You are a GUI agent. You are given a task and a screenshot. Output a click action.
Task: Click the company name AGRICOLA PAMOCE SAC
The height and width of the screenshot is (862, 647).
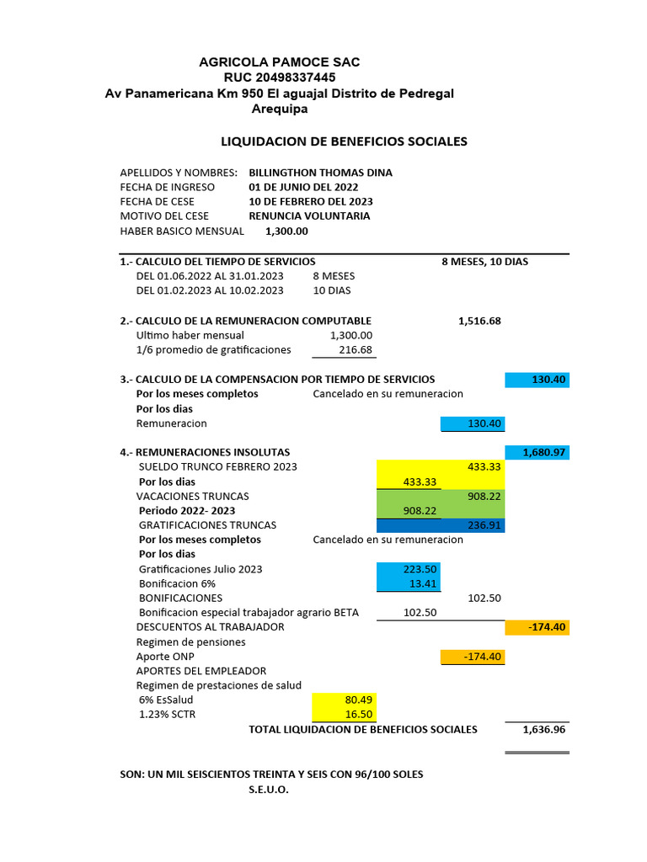279,62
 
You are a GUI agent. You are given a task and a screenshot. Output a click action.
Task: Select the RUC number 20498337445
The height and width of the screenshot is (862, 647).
279,77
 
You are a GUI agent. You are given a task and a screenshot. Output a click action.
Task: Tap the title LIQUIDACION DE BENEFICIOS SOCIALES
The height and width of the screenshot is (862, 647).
344,141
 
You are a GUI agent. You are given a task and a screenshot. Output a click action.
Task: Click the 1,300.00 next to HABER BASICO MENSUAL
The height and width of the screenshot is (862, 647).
286,231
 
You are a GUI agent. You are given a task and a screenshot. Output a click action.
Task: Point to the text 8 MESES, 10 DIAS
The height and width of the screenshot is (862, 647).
484,261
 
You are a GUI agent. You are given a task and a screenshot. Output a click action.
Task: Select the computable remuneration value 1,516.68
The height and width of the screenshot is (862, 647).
479,321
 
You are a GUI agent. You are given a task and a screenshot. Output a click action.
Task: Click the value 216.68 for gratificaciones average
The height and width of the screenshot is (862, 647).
355,349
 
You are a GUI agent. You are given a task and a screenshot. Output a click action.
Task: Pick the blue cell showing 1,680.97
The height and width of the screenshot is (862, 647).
537,452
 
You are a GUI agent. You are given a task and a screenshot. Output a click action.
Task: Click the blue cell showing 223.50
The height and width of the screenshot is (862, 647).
409,569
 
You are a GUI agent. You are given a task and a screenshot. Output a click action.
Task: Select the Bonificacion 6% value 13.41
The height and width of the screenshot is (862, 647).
409,583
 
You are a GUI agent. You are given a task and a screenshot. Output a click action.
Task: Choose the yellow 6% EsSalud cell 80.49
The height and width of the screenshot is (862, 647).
344,699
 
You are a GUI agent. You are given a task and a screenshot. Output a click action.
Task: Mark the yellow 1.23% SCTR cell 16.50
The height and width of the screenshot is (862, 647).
344,714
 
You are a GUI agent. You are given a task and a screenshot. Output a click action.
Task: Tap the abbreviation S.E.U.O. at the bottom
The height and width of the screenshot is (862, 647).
269,790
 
